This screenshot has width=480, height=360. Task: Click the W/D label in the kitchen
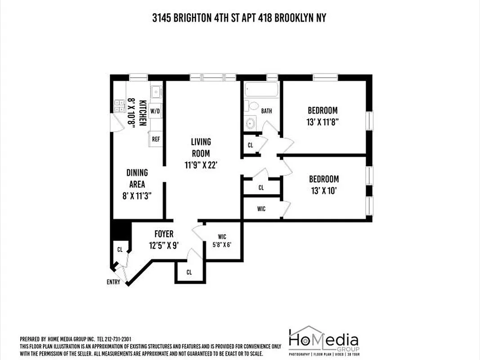(155, 111)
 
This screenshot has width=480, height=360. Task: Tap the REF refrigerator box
(156, 139)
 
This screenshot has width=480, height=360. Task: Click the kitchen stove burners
(120, 105)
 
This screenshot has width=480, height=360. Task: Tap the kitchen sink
(155, 91)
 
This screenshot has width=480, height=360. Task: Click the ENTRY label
(113, 282)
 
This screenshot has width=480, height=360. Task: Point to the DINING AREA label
(137, 179)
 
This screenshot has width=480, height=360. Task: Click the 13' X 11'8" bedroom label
(323, 116)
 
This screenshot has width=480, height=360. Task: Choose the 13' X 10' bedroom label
(323, 184)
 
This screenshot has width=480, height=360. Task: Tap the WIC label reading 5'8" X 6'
(222, 240)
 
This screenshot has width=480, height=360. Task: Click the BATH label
(266, 111)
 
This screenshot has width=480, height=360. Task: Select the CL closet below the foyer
(189, 272)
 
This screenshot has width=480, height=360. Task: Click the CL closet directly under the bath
(251, 145)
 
